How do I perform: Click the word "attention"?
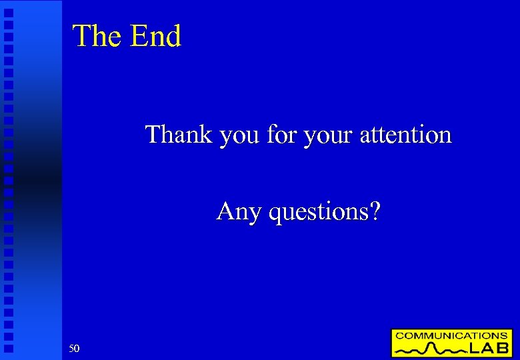click(405, 135)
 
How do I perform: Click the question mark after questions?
click(375, 211)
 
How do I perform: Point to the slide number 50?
click(74, 348)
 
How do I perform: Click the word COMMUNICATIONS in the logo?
click(451, 335)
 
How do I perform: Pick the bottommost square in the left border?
click(9, 348)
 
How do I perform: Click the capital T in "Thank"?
click(153, 135)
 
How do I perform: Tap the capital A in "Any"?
click(225, 211)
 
